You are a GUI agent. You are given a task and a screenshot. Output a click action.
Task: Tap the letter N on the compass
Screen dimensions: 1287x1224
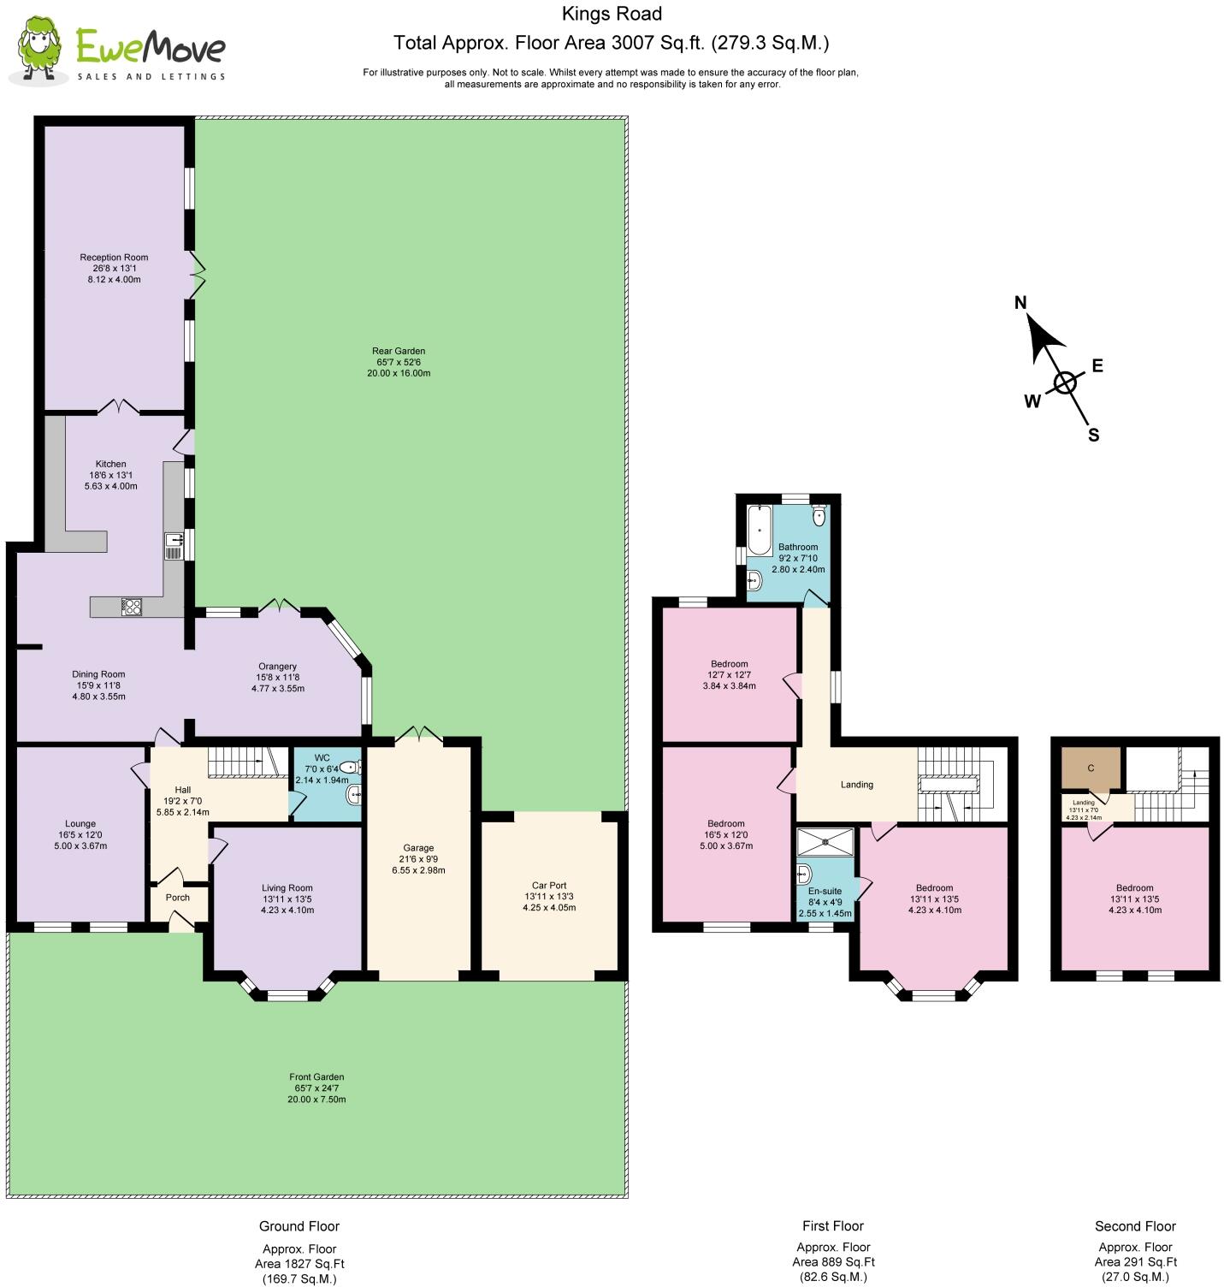(1020, 303)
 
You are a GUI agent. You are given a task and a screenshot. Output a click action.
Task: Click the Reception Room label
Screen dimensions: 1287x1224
(114, 258)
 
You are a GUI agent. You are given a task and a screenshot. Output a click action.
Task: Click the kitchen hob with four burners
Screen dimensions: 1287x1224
(132, 607)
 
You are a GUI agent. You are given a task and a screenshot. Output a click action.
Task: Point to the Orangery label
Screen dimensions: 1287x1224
(277, 667)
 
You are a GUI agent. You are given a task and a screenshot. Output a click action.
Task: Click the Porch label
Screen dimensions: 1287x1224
(178, 898)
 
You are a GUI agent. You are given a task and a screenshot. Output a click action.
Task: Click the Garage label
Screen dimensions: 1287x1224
(418, 848)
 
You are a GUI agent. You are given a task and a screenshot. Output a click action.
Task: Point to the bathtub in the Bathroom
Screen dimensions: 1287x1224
(759, 531)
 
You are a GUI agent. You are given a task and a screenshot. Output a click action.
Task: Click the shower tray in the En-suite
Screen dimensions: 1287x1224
(825, 842)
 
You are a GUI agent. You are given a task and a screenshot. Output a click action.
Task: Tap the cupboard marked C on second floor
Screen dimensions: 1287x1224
(1091, 768)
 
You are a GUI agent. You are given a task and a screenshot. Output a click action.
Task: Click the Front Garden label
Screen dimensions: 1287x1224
(316, 1077)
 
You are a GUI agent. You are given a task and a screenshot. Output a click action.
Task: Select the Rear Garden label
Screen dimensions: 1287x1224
(399, 351)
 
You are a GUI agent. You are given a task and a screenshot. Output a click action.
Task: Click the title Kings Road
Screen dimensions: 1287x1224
(612, 14)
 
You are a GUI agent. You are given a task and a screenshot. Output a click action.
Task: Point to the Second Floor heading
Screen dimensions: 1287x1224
(1135, 1226)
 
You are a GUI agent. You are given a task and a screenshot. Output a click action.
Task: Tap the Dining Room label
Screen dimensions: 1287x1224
(98, 674)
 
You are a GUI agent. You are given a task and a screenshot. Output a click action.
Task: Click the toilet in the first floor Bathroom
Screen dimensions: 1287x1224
(819, 514)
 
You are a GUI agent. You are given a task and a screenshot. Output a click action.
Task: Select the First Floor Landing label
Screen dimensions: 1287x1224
(856, 785)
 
